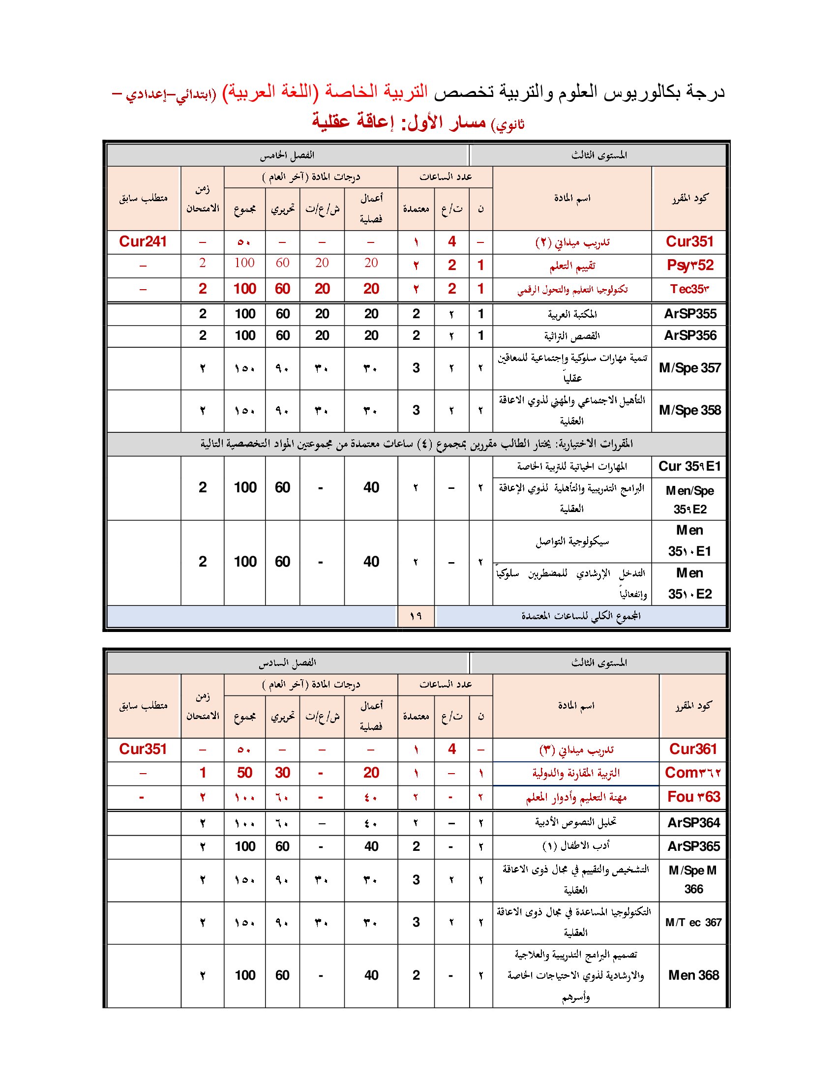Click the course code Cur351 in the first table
coord(689,242)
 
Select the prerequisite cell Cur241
coord(143,242)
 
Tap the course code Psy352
coord(689,266)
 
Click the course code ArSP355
coord(690,314)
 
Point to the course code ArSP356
coord(690,335)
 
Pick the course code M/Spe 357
coord(689,367)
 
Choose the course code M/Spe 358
coord(689,410)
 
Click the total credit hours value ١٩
coord(416,616)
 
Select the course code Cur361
coord(693,749)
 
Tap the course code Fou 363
coord(693,797)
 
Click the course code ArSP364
coord(693,822)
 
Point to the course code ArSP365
coord(693,846)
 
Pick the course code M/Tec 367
coord(693,922)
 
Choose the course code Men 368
coord(693,975)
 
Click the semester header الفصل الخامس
coord(287,155)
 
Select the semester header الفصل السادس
coord(287,663)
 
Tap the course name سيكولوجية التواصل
coord(572,541)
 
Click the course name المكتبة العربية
coord(572,314)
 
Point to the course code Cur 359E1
coord(689,466)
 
